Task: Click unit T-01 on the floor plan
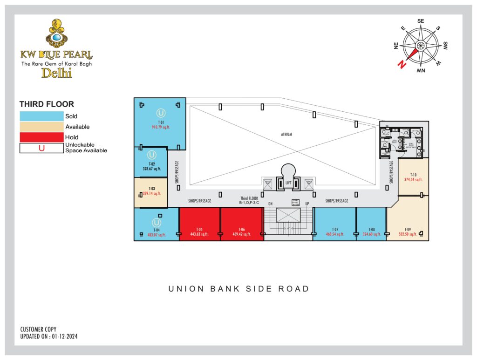pyautogui.click(x=160, y=122)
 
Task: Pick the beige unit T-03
pyautogui.click(x=151, y=192)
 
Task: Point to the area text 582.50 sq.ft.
pyautogui.click(x=408, y=235)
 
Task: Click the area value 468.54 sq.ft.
pyautogui.click(x=335, y=235)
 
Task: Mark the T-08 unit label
pyautogui.click(x=371, y=230)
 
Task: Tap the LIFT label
pyautogui.click(x=288, y=183)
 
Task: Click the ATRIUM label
pyautogui.click(x=286, y=135)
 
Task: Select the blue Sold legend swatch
pyautogui.click(x=41, y=116)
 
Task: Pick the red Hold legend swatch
pyautogui.click(x=41, y=137)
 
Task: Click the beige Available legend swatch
pyautogui.click(x=41, y=127)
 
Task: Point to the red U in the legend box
pyautogui.click(x=41, y=149)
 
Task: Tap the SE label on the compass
pyautogui.click(x=421, y=21)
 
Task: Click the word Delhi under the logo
pyautogui.click(x=56, y=73)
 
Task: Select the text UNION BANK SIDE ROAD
pyautogui.click(x=238, y=289)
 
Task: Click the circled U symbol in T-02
pyautogui.click(x=151, y=155)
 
